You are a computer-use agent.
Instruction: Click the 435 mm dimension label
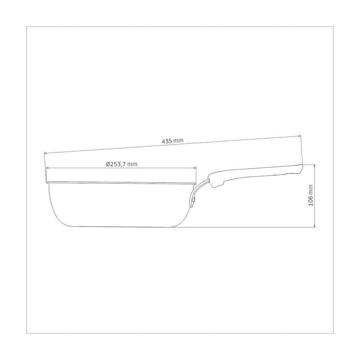click(173, 141)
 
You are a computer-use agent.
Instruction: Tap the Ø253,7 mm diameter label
click(121, 164)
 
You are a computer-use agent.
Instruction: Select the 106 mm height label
click(310, 195)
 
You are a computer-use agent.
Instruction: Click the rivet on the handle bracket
click(194, 199)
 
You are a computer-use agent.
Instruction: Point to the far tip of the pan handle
click(302, 165)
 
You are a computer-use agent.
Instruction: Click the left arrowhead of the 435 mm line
click(45, 153)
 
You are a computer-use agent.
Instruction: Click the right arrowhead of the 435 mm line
click(299, 136)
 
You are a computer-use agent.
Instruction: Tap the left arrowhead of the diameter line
click(48, 168)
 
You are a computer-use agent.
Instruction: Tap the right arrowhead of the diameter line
click(195, 168)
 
